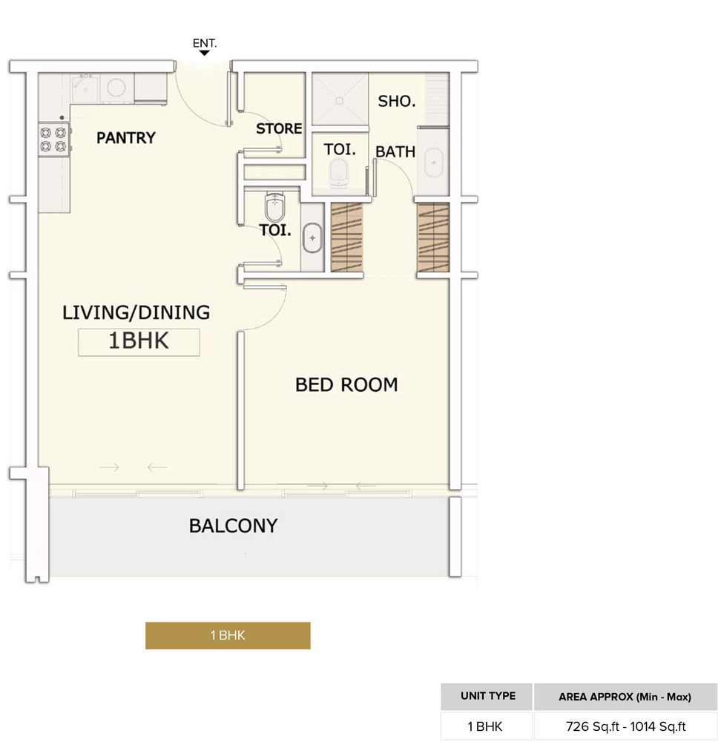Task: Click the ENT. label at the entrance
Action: (x=205, y=44)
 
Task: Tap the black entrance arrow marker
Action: (x=205, y=53)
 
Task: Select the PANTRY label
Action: (x=126, y=137)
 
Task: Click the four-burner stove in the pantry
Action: (x=54, y=139)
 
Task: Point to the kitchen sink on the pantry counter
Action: (x=85, y=88)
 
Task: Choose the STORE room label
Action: (x=279, y=129)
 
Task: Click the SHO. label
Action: (x=396, y=102)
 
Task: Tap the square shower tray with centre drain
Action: (x=340, y=99)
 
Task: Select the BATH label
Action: (x=395, y=152)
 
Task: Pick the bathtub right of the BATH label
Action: (x=433, y=162)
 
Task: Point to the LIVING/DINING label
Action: (x=136, y=312)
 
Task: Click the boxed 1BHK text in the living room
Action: (x=139, y=342)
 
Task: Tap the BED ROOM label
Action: (x=346, y=384)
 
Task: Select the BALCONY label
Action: (x=233, y=526)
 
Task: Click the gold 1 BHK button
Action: (x=228, y=635)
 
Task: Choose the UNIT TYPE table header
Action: (x=487, y=697)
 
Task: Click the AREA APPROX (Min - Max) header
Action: (x=624, y=697)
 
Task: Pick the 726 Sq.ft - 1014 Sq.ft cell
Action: (x=624, y=727)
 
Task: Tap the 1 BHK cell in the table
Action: (x=487, y=727)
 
